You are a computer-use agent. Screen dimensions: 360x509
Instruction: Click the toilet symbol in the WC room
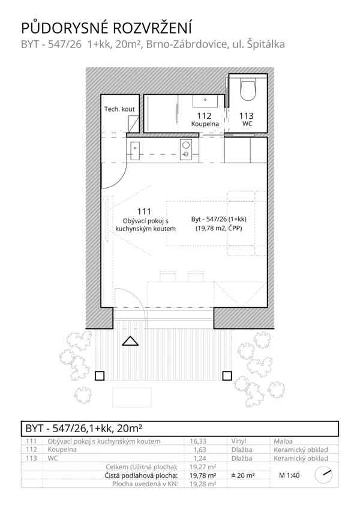(248, 90)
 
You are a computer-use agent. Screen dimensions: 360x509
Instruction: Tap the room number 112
(204, 116)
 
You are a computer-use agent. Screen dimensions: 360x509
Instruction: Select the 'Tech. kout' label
(119, 109)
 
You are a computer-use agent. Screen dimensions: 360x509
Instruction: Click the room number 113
(247, 116)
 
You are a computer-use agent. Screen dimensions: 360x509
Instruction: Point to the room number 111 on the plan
(144, 212)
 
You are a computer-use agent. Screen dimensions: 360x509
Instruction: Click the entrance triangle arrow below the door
(130, 341)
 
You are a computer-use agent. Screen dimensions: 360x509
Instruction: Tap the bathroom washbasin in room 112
(205, 101)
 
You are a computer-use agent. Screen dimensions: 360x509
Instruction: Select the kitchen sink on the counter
(135, 151)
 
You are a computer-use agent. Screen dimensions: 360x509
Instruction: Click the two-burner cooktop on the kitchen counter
(186, 149)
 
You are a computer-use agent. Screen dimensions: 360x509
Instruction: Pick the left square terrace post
(100, 376)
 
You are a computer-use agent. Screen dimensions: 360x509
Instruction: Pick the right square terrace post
(227, 376)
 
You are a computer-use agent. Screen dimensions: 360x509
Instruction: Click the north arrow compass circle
(323, 475)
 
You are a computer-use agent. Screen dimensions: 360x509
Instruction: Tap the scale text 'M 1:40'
(289, 475)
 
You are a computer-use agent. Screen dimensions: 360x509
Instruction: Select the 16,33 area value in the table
(199, 441)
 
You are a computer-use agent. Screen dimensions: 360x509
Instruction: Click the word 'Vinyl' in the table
(239, 441)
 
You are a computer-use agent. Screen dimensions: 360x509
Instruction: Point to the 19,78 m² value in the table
(203, 475)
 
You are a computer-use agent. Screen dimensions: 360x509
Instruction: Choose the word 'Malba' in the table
(283, 441)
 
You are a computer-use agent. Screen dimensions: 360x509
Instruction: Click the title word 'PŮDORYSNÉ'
(64, 28)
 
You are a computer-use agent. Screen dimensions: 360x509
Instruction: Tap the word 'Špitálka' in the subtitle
(266, 44)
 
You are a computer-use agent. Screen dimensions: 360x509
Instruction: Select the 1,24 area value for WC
(200, 459)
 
